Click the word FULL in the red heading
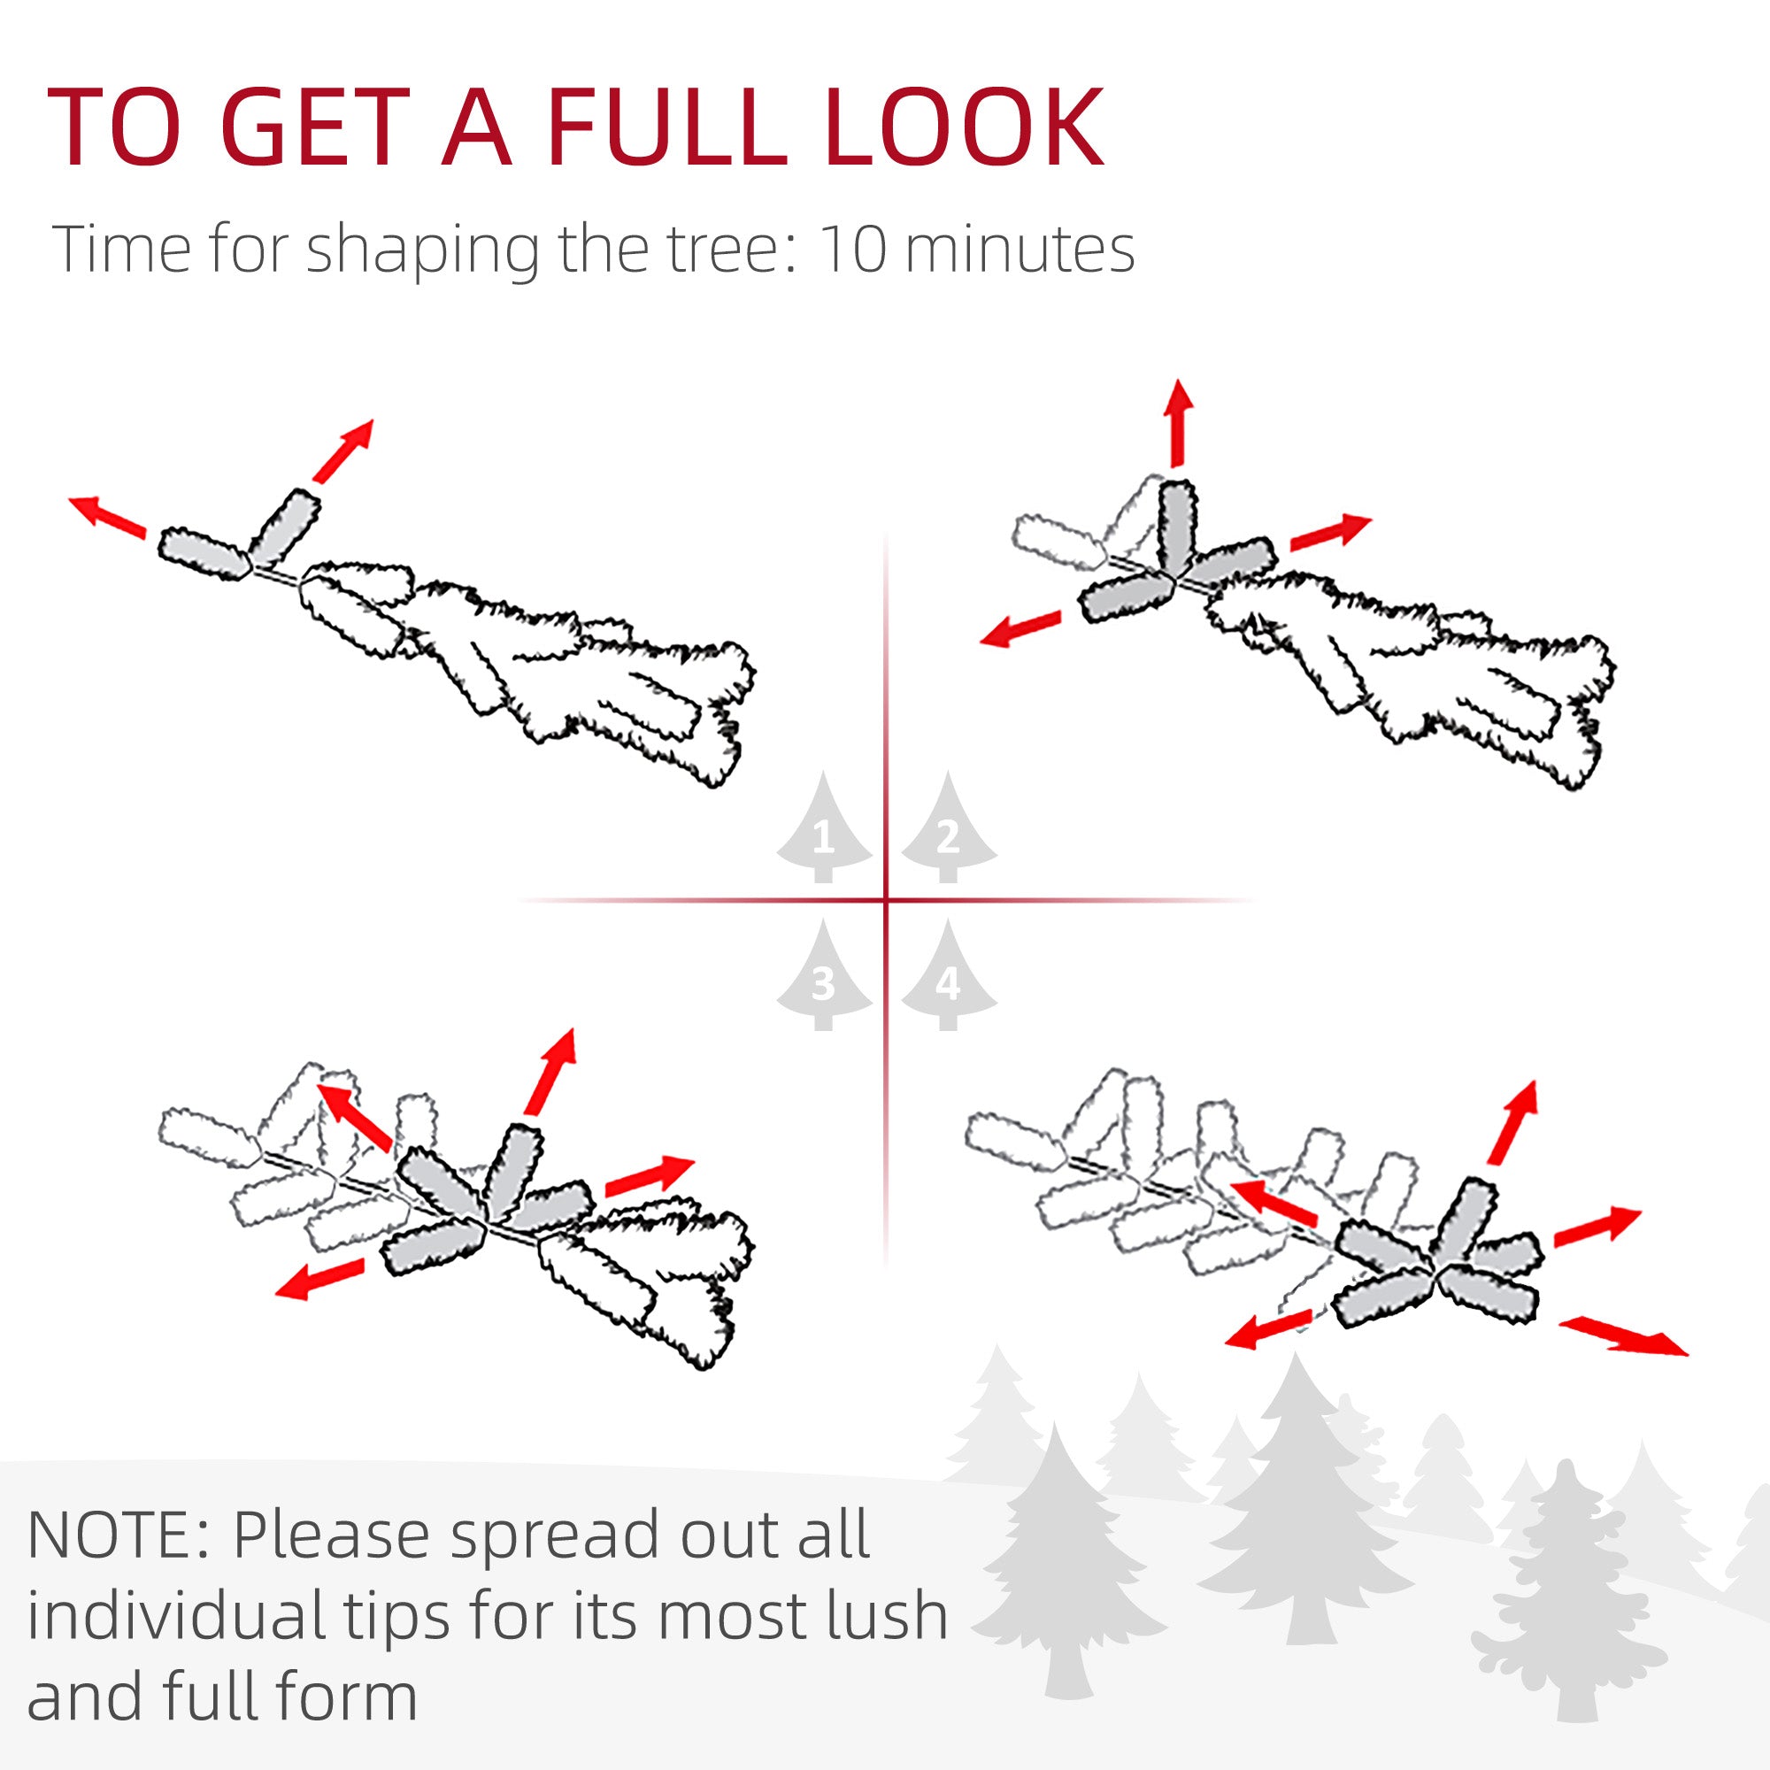click(x=668, y=127)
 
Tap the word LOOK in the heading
click(x=964, y=127)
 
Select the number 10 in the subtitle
click(x=852, y=250)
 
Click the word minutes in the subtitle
click(x=1019, y=250)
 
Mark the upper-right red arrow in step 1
click(x=343, y=450)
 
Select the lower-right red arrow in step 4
click(x=1622, y=1335)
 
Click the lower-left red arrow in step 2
click(x=1020, y=628)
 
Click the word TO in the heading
click(x=112, y=127)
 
